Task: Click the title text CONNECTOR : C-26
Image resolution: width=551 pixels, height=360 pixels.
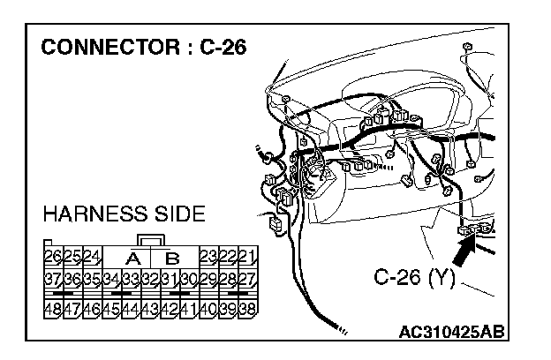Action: pyautogui.click(x=144, y=47)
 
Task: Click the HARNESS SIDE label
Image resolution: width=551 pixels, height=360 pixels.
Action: pyautogui.click(x=124, y=214)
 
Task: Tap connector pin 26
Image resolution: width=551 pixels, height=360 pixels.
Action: pyautogui.click(x=53, y=258)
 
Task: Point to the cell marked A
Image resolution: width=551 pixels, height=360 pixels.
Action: pyautogui.click(x=134, y=259)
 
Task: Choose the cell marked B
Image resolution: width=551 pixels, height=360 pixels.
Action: pyautogui.click(x=172, y=259)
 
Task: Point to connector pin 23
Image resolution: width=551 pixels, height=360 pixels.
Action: pyautogui.click(x=208, y=258)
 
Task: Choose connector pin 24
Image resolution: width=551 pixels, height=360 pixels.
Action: pyautogui.click(x=92, y=258)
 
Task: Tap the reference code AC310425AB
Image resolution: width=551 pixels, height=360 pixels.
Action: pyautogui.click(x=451, y=333)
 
